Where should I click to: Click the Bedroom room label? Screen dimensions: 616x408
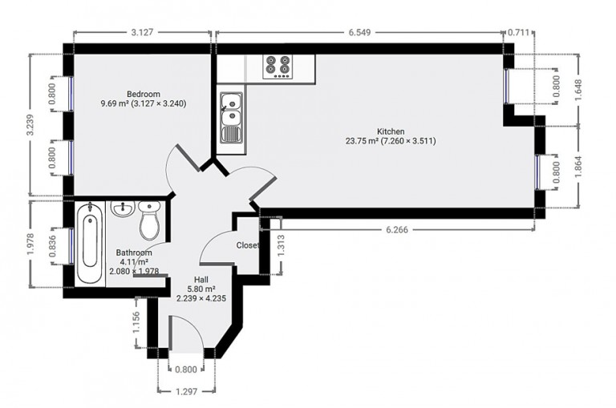144,95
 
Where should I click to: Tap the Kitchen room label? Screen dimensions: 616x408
391,131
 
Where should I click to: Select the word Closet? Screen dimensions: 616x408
248,245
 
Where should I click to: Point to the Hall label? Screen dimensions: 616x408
201,280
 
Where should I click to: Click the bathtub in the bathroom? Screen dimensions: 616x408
90,244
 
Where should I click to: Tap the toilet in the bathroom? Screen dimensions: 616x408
150,220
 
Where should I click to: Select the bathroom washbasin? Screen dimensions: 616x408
123,208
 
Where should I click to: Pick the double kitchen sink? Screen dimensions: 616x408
231,117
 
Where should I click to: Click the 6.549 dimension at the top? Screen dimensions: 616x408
359,33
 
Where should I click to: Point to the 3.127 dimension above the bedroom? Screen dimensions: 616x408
142,33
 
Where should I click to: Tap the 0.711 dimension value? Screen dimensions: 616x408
519,33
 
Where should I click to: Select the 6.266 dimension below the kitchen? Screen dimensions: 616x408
397,230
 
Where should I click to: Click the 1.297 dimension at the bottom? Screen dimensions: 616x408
186,391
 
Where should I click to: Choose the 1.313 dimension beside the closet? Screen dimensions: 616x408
281,246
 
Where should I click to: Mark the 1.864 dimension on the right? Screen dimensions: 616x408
577,167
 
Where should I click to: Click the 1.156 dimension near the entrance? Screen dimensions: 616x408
136,322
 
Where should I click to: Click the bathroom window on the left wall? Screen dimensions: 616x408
71,245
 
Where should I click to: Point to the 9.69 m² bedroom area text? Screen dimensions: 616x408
115,103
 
